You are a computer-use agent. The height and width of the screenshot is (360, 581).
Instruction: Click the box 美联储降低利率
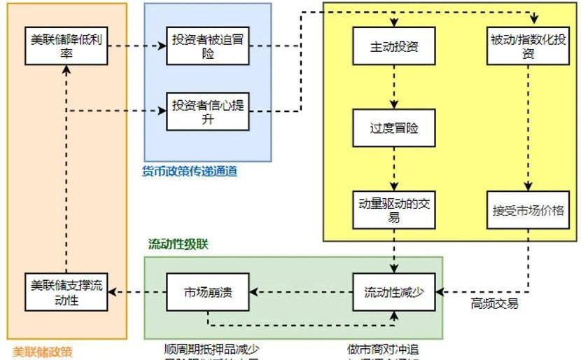(66, 46)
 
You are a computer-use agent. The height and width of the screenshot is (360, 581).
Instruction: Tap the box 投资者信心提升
(208, 112)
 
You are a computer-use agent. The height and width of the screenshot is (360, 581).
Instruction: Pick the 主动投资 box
(394, 46)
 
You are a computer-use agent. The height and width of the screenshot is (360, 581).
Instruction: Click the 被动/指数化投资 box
(528, 46)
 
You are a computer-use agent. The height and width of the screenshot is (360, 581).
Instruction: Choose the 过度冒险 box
(394, 129)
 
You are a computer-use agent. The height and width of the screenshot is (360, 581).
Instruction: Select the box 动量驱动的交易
(394, 210)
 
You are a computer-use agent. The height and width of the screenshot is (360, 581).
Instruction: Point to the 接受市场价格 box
(528, 210)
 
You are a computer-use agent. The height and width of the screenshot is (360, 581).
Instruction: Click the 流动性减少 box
(394, 291)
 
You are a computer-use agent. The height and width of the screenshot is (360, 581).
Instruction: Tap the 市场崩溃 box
(207, 291)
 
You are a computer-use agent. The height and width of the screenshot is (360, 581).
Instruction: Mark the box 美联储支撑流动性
(66, 291)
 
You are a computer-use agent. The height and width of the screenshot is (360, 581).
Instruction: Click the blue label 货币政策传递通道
(190, 171)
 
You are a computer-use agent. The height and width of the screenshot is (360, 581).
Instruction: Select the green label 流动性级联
(178, 244)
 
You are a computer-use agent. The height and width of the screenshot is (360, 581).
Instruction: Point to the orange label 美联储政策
(43, 352)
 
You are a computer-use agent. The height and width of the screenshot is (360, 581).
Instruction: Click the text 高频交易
(494, 304)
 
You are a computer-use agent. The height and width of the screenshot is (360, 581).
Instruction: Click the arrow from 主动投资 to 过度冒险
(394, 87)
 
